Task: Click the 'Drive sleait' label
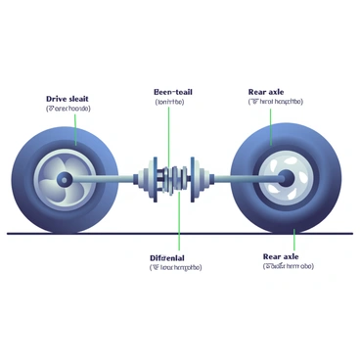click(x=68, y=99)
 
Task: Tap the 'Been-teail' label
click(x=174, y=92)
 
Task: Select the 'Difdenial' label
click(x=175, y=256)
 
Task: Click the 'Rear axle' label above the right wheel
click(x=267, y=91)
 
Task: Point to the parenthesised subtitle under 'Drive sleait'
click(x=68, y=109)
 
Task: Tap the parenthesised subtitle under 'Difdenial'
click(x=175, y=266)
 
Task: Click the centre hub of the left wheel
click(x=64, y=180)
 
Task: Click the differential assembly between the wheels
click(x=172, y=178)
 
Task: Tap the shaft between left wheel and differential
click(x=112, y=180)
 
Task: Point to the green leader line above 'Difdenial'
click(x=179, y=220)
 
